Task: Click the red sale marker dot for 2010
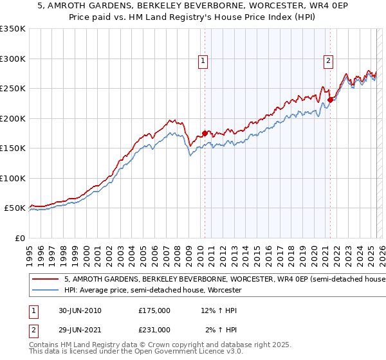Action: pyautogui.click(x=205, y=134)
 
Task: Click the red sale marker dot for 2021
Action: pyautogui.click(x=330, y=100)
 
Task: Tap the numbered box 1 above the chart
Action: pyautogui.click(x=203, y=61)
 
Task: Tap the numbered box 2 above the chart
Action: pyautogui.click(x=328, y=61)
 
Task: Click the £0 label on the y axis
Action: pyautogui.click(x=19, y=238)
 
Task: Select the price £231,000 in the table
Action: pyautogui.click(x=154, y=330)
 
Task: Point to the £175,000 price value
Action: pyautogui.click(x=154, y=310)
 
